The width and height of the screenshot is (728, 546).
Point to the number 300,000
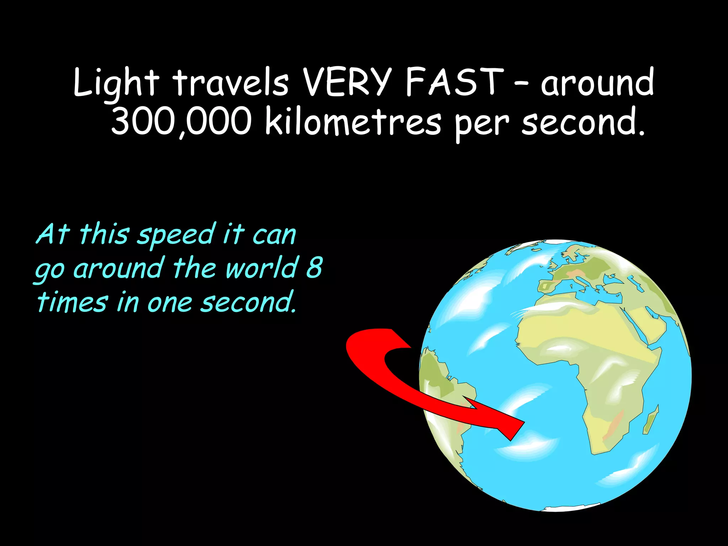coord(181,122)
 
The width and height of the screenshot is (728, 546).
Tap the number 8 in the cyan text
coord(314,267)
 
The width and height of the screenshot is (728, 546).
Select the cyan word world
coord(262,267)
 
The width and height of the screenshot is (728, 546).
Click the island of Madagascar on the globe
coord(651,421)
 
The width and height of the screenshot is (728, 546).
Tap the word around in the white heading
coord(597,82)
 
